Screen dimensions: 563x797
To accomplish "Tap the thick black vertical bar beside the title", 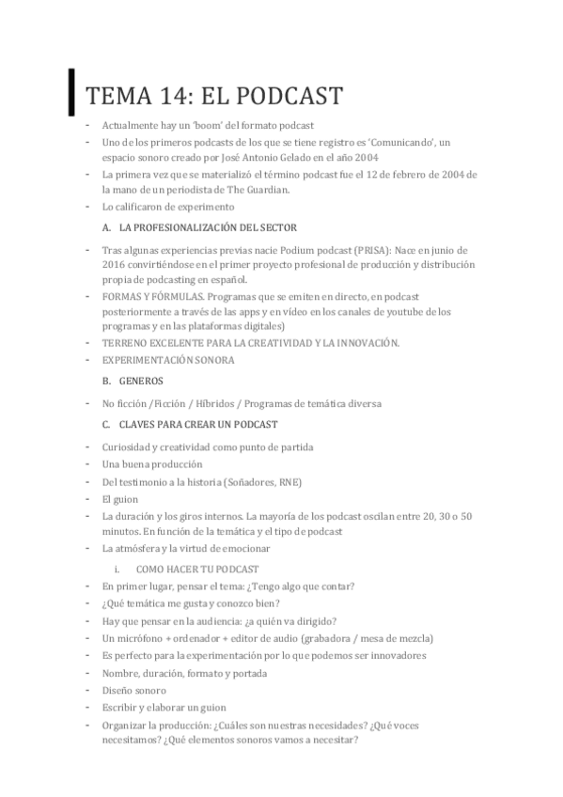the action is (x=72, y=91).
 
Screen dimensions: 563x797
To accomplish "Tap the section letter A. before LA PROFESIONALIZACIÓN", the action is (x=107, y=228).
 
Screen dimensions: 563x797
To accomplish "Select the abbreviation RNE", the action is (x=290, y=481).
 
